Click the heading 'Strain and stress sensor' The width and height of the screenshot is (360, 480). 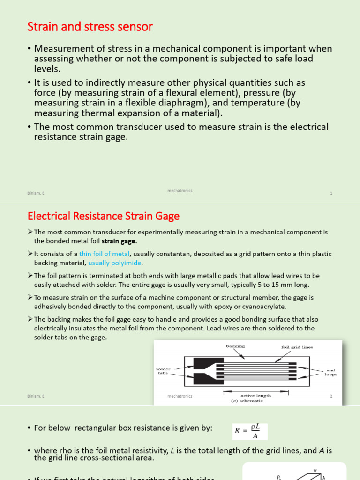[90, 27]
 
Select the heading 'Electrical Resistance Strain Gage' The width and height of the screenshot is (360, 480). [104, 216]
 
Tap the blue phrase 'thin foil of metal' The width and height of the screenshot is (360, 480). [103, 254]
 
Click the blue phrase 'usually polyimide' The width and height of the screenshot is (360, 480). [114, 262]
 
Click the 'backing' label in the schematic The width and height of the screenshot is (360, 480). [235, 346]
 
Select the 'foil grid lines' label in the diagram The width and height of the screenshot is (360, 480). [297, 347]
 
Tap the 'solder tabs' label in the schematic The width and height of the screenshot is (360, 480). [163, 371]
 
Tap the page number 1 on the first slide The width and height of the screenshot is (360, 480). [331, 193]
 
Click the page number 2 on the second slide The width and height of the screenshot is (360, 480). [331, 396]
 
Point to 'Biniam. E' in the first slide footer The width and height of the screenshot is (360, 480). [36, 193]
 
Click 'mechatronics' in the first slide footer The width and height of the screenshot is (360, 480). [180, 191]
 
